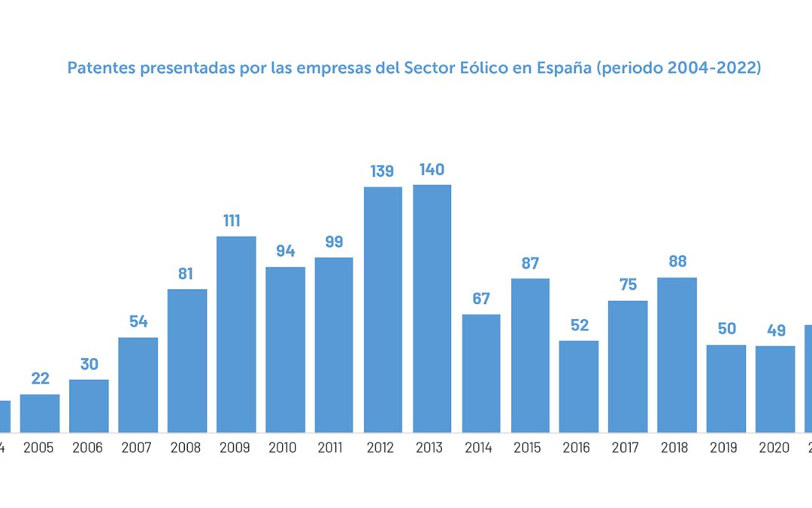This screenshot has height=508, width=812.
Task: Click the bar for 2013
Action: pyautogui.click(x=432, y=309)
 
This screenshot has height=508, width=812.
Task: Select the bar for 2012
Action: pyautogui.click(x=383, y=309)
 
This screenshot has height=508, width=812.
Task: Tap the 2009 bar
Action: pyautogui.click(x=236, y=334)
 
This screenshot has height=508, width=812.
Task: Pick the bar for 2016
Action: pyautogui.click(x=579, y=386)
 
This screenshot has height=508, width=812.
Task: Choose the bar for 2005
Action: pyautogui.click(x=40, y=413)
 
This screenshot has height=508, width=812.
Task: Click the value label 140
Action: pyautogui.click(x=432, y=169)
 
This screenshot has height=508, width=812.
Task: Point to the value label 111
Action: pyautogui.click(x=235, y=221)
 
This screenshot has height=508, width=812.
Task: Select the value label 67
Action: pyautogui.click(x=481, y=299)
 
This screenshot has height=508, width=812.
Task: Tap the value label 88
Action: pyautogui.click(x=677, y=262)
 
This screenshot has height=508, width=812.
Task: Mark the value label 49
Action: pyautogui.click(x=775, y=330)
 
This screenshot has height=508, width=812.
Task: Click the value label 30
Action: pyautogui.click(x=89, y=364)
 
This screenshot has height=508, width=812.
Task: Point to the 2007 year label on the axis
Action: pyautogui.click(x=138, y=448)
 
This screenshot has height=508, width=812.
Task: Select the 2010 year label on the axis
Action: pyautogui.click(x=285, y=448)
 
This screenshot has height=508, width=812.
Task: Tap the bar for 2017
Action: pyautogui.click(x=628, y=367)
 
